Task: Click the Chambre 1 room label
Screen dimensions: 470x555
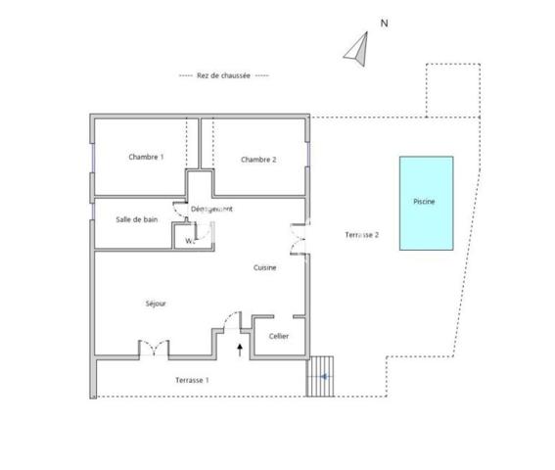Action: pos(146,157)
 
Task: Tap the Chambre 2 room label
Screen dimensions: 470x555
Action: pos(258,160)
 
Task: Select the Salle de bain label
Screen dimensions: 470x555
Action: pos(137,219)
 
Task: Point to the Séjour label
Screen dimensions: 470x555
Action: pos(155,304)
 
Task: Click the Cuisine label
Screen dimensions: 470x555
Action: pos(264,267)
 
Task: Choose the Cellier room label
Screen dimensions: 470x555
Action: pos(279,336)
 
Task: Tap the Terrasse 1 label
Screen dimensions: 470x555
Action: pos(192,379)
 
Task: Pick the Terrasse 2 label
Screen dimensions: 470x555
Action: pos(362,235)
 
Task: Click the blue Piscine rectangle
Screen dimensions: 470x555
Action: pos(426,203)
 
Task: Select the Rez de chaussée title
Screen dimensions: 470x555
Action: pos(224,76)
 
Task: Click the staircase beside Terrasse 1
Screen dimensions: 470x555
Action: pos(320,375)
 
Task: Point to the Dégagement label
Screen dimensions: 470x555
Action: pos(212,210)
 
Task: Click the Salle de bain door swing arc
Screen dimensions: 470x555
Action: pos(178,209)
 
